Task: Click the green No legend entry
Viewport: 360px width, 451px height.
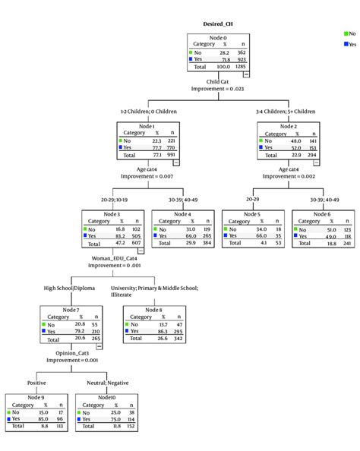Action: pyautogui.click(x=349, y=33)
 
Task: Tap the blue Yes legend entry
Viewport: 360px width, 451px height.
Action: pyautogui.click(x=349, y=45)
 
